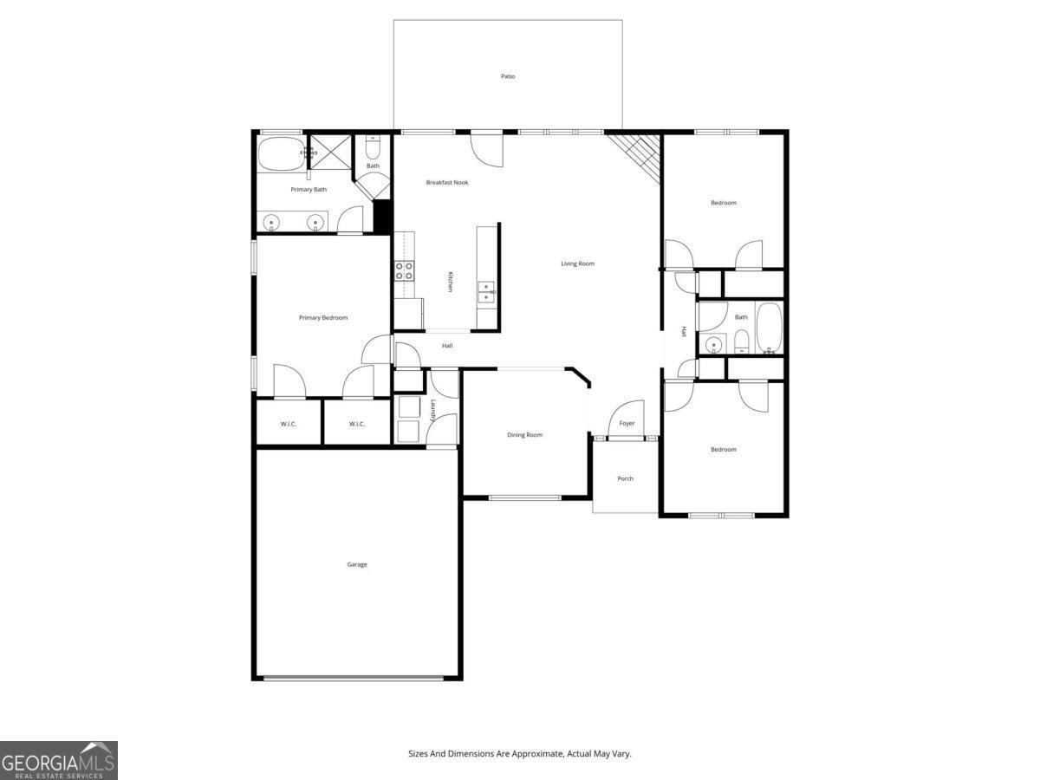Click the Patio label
(x=508, y=76)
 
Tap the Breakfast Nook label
(x=447, y=182)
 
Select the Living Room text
(x=577, y=263)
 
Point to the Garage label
(x=357, y=564)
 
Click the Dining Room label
(x=524, y=435)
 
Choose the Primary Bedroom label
(x=323, y=318)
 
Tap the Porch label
(x=625, y=478)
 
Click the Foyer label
(x=627, y=424)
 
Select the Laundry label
(x=432, y=408)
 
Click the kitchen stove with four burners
(x=404, y=270)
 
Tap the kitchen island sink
(x=487, y=291)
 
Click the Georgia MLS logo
(x=58, y=760)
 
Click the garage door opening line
(x=354, y=678)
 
